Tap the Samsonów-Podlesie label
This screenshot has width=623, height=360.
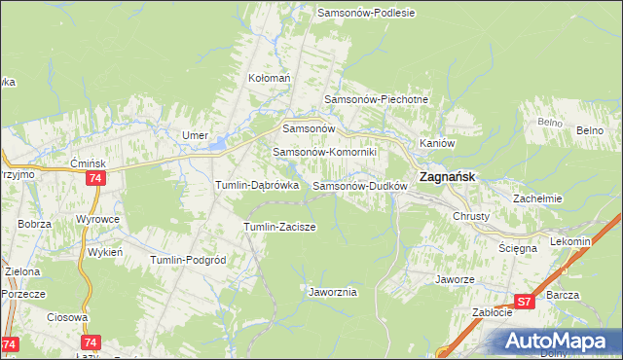[366, 13]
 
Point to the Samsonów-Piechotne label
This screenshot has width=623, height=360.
[375, 99]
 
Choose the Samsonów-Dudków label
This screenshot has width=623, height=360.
[358, 185]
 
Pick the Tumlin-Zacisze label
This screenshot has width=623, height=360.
[279, 227]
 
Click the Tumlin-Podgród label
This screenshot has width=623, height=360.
[188, 260]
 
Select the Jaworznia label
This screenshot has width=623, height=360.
[333, 292]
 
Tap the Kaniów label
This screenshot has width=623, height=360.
[437, 143]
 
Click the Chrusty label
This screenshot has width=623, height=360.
[471, 216]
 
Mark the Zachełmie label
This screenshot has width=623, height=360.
[538, 198]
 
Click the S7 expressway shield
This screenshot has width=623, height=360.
[525, 303]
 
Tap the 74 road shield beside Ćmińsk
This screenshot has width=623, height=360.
[94, 179]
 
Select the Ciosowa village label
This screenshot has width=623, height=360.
[67, 317]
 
